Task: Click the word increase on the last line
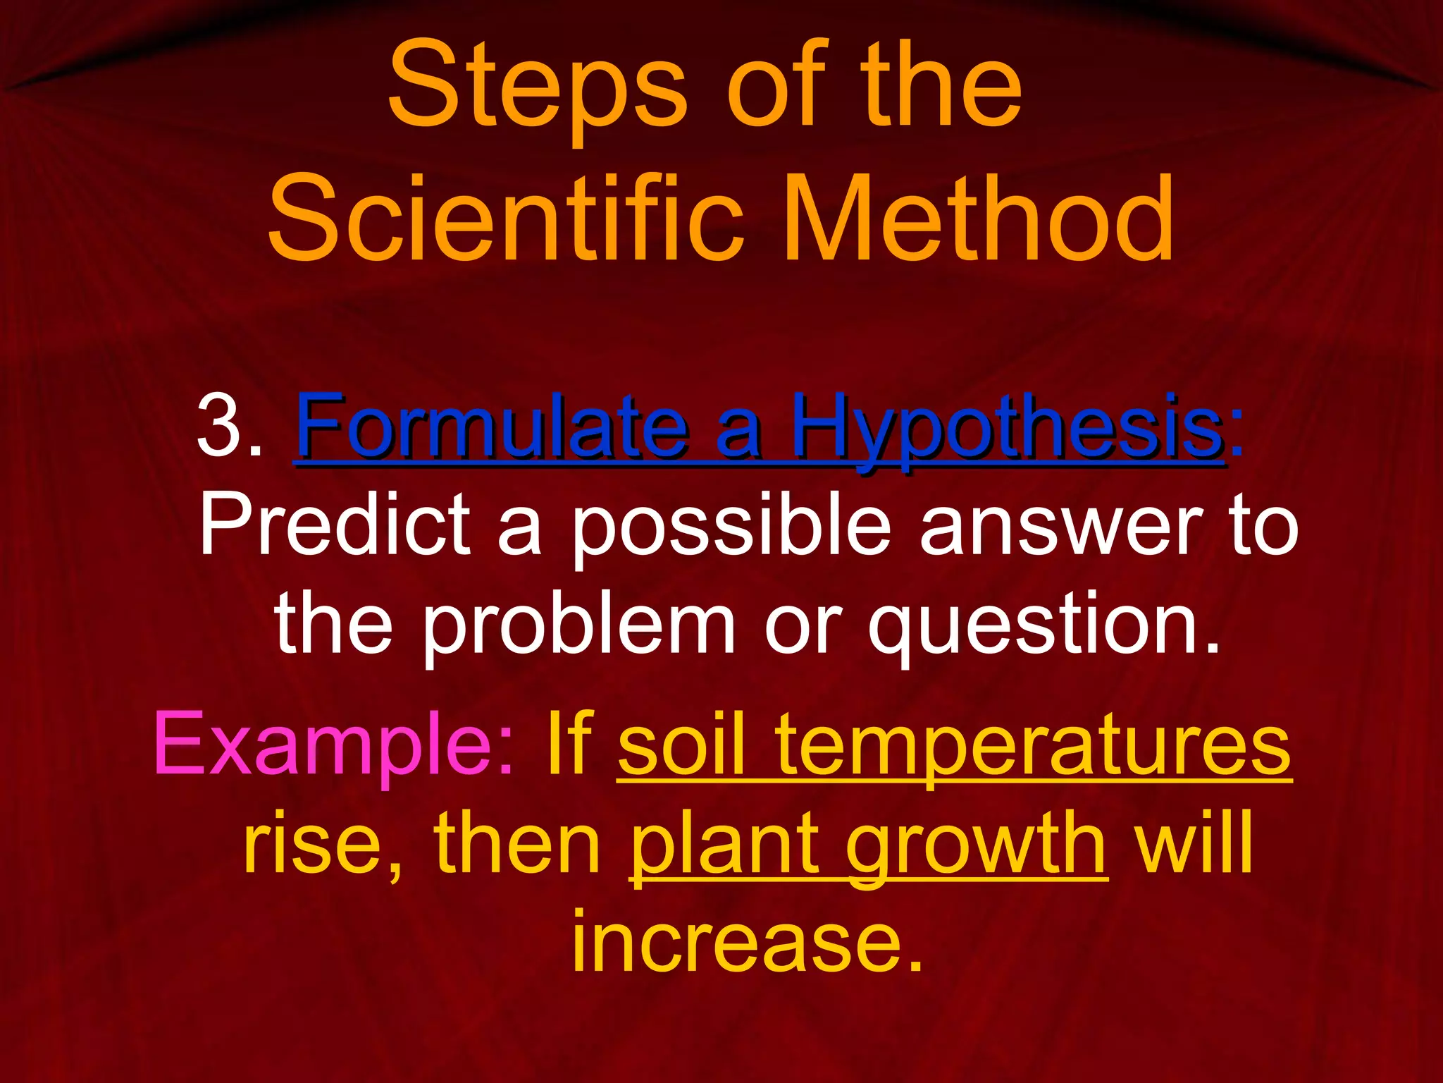747,941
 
